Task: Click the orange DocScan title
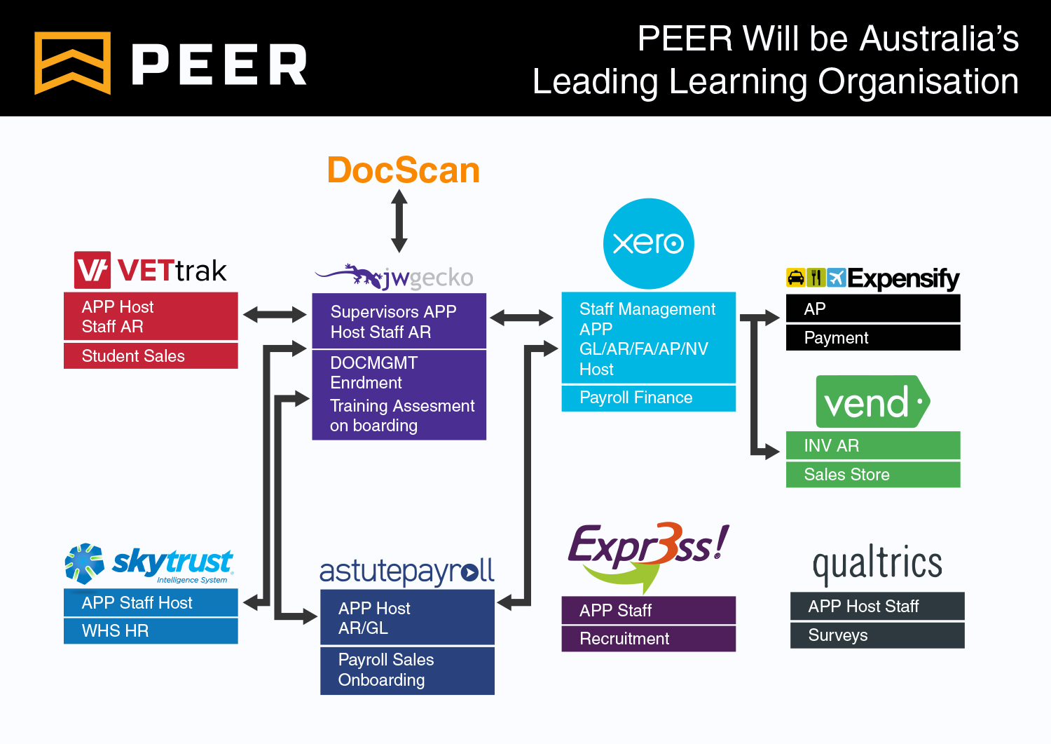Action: (x=404, y=170)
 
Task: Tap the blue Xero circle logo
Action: (x=648, y=243)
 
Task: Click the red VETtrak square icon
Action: (x=92, y=270)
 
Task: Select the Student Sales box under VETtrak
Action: (x=151, y=356)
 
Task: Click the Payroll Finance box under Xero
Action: (x=648, y=398)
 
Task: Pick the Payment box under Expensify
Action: (x=873, y=338)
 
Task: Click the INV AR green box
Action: (x=873, y=446)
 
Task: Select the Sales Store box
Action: (x=873, y=475)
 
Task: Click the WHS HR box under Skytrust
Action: (x=151, y=631)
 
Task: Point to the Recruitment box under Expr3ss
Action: (x=648, y=639)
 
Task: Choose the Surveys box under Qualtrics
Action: (x=877, y=635)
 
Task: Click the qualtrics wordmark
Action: (x=877, y=563)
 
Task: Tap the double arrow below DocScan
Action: (x=399, y=221)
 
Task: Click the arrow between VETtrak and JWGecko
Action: (x=275, y=315)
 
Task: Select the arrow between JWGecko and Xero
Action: (x=521, y=318)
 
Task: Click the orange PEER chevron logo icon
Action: (x=73, y=63)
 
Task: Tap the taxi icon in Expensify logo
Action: (x=795, y=278)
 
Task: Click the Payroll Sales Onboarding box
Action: (x=407, y=670)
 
